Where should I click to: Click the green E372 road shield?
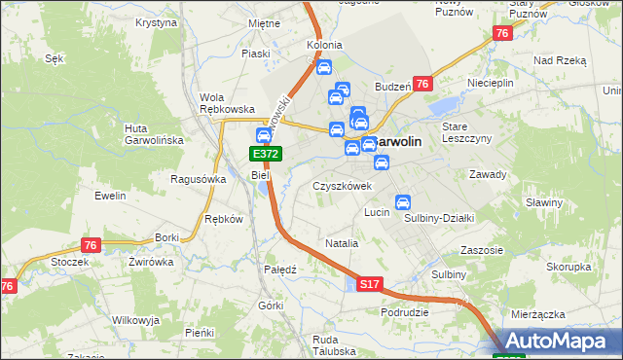pos(266,154)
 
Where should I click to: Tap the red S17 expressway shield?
pos(368,284)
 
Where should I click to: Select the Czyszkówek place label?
pos(343,186)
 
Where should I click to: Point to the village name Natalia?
pos(342,243)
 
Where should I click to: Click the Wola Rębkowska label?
pos(226,103)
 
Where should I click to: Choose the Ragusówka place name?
pos(198,179)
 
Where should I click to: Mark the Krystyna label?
pos(156,21)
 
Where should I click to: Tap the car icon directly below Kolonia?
pos(324,68)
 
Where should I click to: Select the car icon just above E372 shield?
pos(263,135)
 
